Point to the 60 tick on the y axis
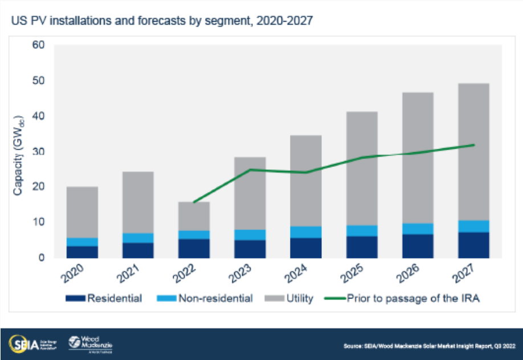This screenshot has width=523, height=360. click(x=38, y=46)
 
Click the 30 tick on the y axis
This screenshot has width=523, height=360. click(x=38, y=152)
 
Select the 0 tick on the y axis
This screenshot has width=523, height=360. click(x=41, y=257)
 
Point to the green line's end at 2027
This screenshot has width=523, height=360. click(x=475, y=145)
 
